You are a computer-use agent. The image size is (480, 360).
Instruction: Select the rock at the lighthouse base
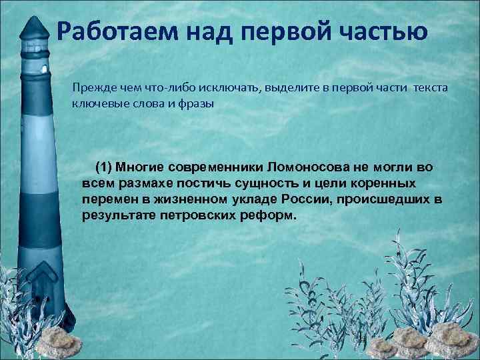[56, 340]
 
